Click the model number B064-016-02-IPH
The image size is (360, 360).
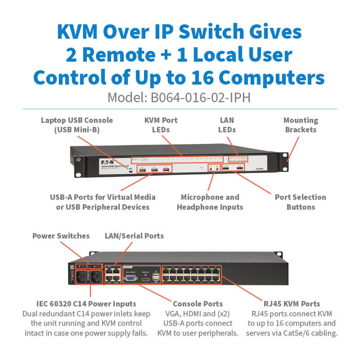tap(201, 98)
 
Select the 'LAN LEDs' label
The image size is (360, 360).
tap(227, 125)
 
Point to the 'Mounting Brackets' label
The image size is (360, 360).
tap(300, 125)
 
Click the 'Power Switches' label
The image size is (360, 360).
tap(61, 236)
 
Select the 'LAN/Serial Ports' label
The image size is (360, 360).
tap(134, 236)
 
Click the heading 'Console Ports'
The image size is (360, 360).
tap(197, 304)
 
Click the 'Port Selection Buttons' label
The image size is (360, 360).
tap(300, 202)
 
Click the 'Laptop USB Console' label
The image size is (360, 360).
tap(77, 125)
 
